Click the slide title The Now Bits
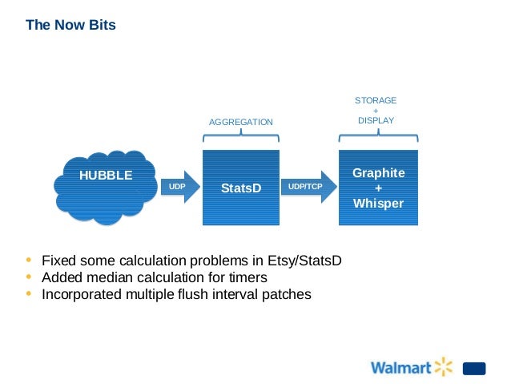tap(70, 25)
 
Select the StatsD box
tap(241, 187)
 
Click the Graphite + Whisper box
tap(379, 188)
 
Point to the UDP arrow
tap(177, 186)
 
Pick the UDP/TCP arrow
tap(307, 186)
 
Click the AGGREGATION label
tap(241, 122)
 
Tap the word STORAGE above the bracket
tap(376, 100)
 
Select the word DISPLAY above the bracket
tap(376, 120)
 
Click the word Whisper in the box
tap(379, 204)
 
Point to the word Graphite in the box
tap(379, 173)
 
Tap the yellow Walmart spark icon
tap(443, 367)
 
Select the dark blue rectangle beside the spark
tap(474, 369)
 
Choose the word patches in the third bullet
tap(285, 294)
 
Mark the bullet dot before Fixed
tap(30, 260)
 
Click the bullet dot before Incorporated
tap(30, 293)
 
